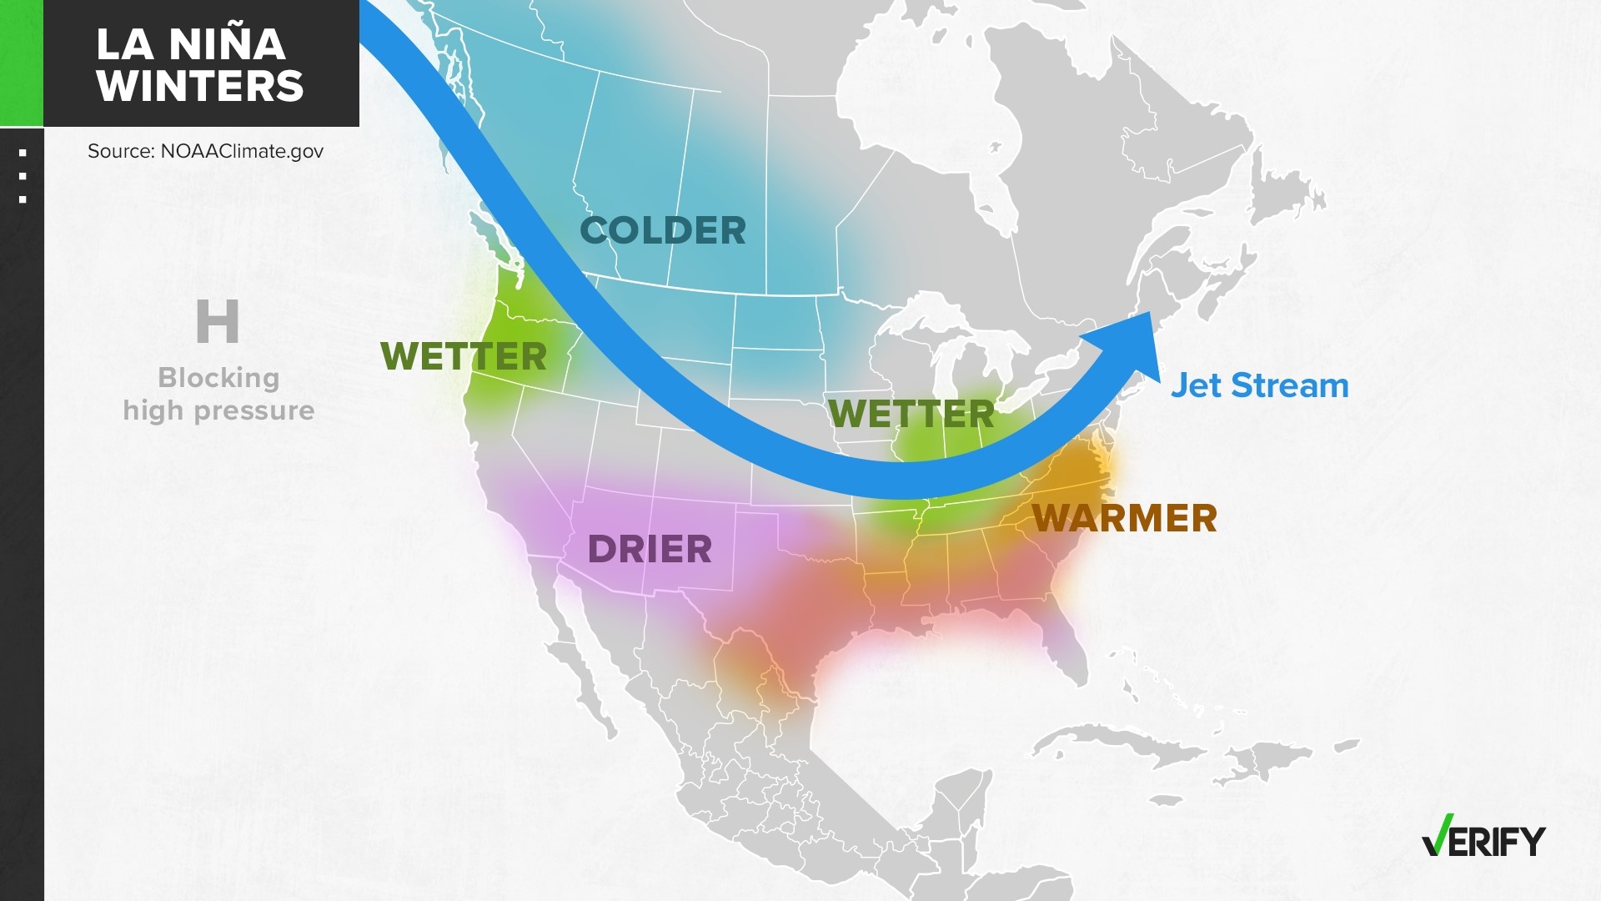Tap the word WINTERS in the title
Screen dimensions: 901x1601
coord(200,86)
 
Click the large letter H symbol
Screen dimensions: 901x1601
coord(218,322)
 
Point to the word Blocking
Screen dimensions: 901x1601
coord(218,378)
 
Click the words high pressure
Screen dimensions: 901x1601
coord(218,410)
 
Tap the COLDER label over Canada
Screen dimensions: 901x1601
coord(663,231)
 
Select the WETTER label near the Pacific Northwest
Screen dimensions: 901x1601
coord(464,357)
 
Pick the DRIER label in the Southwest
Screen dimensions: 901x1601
coord(650,550)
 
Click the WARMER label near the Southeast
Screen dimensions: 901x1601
coord(1125,518)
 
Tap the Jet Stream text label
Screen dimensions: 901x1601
coord(1259,386)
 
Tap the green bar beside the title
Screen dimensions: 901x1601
coord(21,63)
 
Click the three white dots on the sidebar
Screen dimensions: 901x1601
coord(23,176)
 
